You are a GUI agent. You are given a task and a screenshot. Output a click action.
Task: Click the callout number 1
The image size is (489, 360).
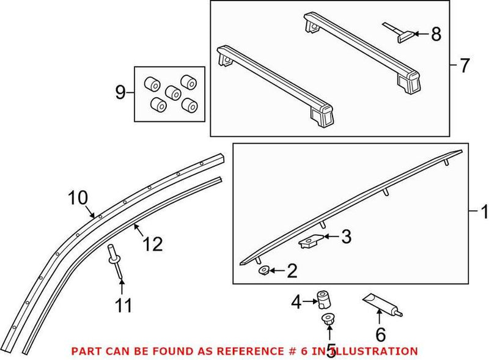tap(483, 213)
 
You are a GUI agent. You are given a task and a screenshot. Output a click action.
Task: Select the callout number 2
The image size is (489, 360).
tap(292, 271)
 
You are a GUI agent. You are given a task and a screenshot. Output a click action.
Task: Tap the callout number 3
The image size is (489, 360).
tap(346, 237)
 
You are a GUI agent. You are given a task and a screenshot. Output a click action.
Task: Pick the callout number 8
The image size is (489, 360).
tap(435, 34)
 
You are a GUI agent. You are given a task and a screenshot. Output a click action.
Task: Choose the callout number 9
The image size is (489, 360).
tap(120, 94)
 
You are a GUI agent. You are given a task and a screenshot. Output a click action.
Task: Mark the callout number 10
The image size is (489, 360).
tap(78, 198)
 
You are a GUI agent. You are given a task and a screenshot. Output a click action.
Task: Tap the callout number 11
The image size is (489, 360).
tap(124, 304)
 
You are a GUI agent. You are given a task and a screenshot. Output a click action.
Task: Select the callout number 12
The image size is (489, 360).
tap(153, 244)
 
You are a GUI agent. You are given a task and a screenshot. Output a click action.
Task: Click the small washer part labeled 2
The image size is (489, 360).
tap(264, 270)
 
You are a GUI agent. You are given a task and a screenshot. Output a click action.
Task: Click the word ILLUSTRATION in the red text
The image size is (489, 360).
tap(372, 351)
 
